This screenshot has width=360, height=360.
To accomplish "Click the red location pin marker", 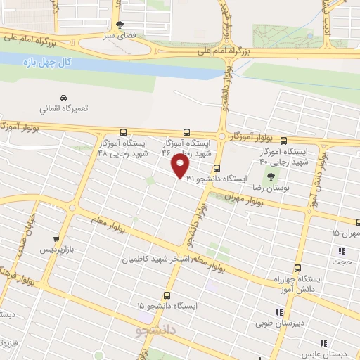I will tap(181, 166).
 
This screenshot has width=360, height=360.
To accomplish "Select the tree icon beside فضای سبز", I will tap(119, 25).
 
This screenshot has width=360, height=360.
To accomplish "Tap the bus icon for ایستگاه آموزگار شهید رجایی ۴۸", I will tap(124, 131).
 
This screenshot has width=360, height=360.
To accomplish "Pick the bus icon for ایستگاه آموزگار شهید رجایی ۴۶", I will tap(186, 131).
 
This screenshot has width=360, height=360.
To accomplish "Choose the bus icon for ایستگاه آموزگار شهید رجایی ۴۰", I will tap(283, 140).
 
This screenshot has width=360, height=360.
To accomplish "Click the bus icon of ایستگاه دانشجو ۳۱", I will tap(217, 168).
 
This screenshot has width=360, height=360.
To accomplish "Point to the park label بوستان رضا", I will tap(290, 188).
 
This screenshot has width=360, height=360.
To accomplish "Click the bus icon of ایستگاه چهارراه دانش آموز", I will tap(297, 268).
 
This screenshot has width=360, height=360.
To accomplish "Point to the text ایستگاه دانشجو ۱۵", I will tap(167, 307).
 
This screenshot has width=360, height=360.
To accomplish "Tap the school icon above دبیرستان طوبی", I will tap(279, 311).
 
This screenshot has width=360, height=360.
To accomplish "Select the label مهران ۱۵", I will tap(346, 233).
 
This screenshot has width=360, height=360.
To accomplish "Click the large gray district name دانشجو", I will tap(157, 328).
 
